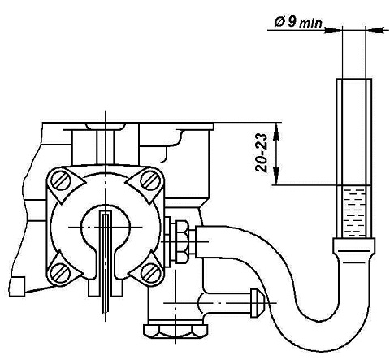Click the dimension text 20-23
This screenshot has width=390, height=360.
262,153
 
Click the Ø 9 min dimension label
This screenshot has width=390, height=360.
298,22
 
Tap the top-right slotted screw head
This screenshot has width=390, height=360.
150,180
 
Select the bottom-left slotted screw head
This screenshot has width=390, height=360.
60,271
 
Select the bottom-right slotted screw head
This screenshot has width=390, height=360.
150,271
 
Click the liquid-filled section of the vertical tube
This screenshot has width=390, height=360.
354,211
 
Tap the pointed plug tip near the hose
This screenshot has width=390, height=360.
257,303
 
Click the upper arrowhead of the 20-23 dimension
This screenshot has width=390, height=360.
276,131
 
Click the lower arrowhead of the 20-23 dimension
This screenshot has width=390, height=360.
276,176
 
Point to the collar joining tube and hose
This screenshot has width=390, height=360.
354,245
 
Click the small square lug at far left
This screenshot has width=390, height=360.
17,287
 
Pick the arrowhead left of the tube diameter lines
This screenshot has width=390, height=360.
333,30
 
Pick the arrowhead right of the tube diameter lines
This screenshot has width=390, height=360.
375,30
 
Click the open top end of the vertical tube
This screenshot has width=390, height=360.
354,80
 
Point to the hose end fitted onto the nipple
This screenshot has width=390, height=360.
201,241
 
